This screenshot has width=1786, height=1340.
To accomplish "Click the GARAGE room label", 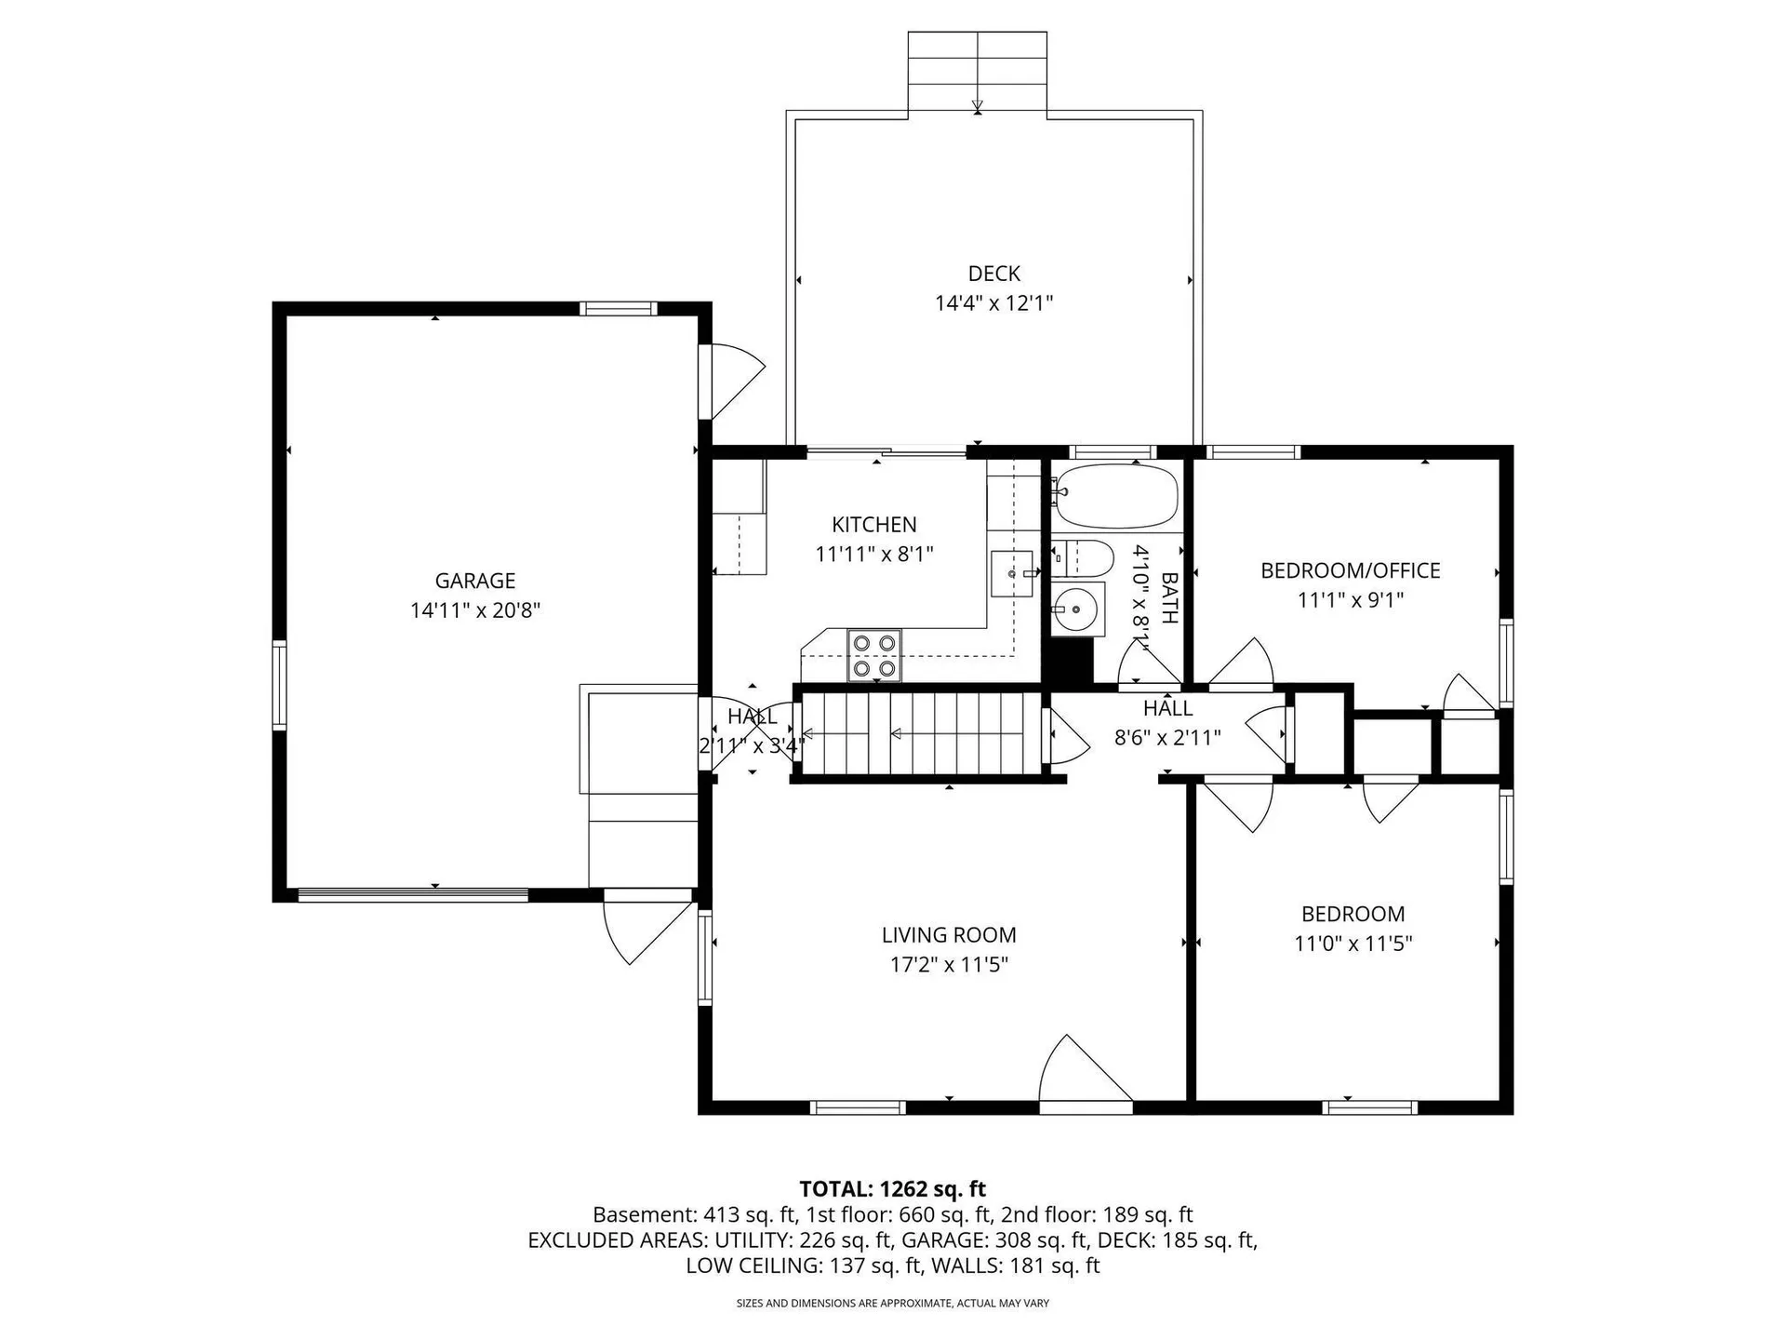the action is coord(475,581).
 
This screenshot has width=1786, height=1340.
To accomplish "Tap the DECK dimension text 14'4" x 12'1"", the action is coord(994,302).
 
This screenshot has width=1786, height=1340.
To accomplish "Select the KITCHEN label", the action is coord(874,525).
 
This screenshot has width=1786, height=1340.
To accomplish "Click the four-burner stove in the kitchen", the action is coord(874,655).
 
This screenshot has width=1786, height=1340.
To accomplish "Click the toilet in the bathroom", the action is coord(1083,557).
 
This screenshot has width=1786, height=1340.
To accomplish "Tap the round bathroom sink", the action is coord(1077,610).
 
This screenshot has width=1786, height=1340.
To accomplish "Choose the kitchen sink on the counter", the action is coord(1012,574).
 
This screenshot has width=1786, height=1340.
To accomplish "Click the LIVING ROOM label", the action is coord(949,935).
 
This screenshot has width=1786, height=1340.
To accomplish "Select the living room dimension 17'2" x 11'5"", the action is coord(949,964).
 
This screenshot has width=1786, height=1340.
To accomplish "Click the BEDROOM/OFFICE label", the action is coord(1351,570).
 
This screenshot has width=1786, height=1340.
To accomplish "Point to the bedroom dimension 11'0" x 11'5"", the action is coord(1353,944).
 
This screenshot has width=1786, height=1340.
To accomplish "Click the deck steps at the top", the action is coord(978,72).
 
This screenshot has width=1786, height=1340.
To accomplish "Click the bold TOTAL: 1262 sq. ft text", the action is coord(893,1189).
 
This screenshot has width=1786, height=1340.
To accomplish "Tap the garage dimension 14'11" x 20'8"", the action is coord(475,610).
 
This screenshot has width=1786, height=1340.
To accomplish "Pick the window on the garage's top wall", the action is coord(619,309).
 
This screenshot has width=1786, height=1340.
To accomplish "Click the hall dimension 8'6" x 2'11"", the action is coord(1167,738).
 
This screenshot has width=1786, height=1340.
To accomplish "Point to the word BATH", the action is coord(1170,597).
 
